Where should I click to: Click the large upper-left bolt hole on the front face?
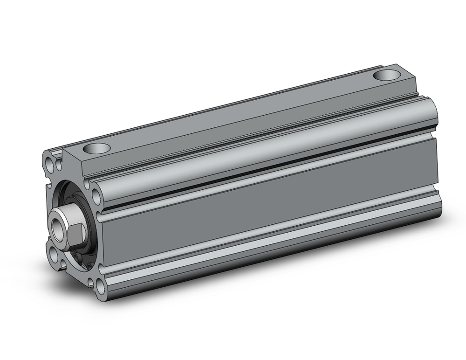click(50, 161)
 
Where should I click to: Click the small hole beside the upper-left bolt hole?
click(59, 165)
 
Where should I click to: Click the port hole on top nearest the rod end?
click(97, 150)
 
